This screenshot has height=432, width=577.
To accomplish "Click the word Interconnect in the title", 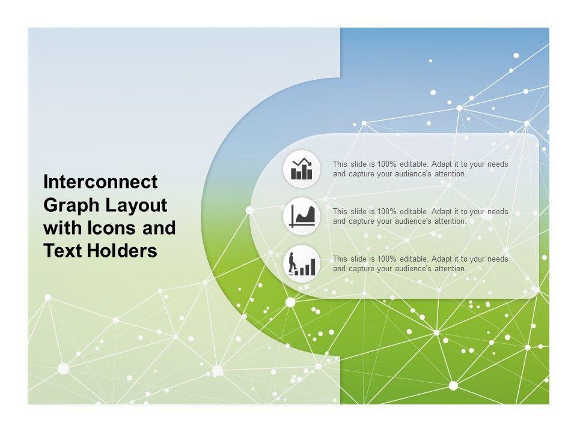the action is [x=100, y=182].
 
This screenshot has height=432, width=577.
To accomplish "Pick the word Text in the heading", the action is [x=63, y=251].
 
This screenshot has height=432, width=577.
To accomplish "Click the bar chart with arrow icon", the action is [x=302, y=169].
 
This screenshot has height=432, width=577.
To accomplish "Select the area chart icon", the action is [x=302, y=217].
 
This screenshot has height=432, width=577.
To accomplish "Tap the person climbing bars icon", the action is [x=302, y=264].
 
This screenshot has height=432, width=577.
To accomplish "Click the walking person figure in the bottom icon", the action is [x=292, y=262].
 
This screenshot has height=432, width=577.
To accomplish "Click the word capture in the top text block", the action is [x=362, y=175].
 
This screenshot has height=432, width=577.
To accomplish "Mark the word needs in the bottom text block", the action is [x=498, y=259].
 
